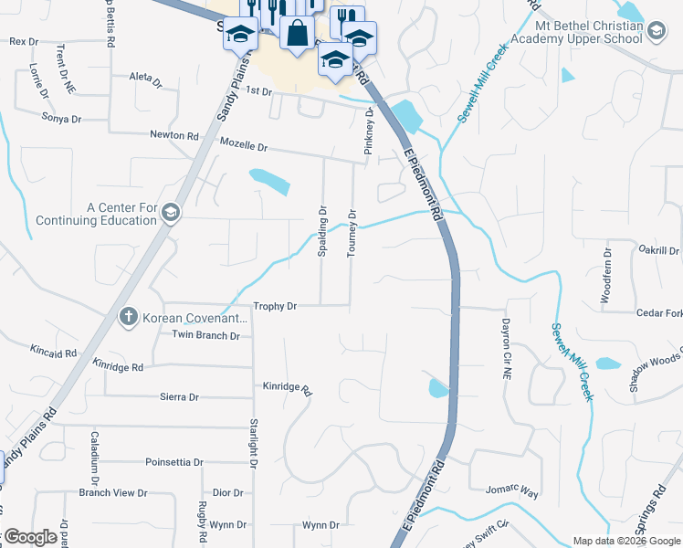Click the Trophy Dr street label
click(275, 307)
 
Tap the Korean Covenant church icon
click(130, 317)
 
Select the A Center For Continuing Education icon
click(170, 214)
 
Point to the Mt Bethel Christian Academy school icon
click(656, 32)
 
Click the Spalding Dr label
click(322, 232)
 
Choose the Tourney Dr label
click(352, 233)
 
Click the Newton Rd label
click(173, 135)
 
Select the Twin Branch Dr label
click(205, 335)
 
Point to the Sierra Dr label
click(179, 397)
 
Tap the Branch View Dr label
click(112, 493)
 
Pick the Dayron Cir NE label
click(505, 350)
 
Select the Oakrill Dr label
click(659, 250)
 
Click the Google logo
click(30, 537)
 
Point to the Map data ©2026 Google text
click(625, 541)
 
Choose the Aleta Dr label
click(145, 79)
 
